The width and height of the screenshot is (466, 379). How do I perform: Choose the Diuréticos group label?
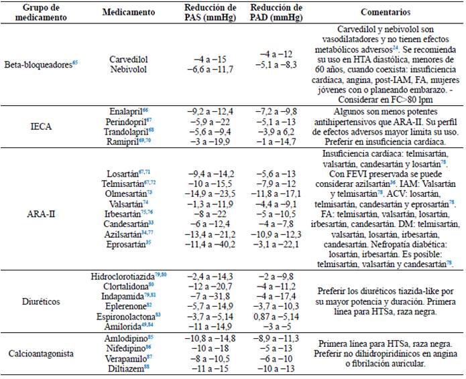tap(42, 301)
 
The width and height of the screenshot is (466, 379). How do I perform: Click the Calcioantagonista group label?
tap(42, 355)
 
